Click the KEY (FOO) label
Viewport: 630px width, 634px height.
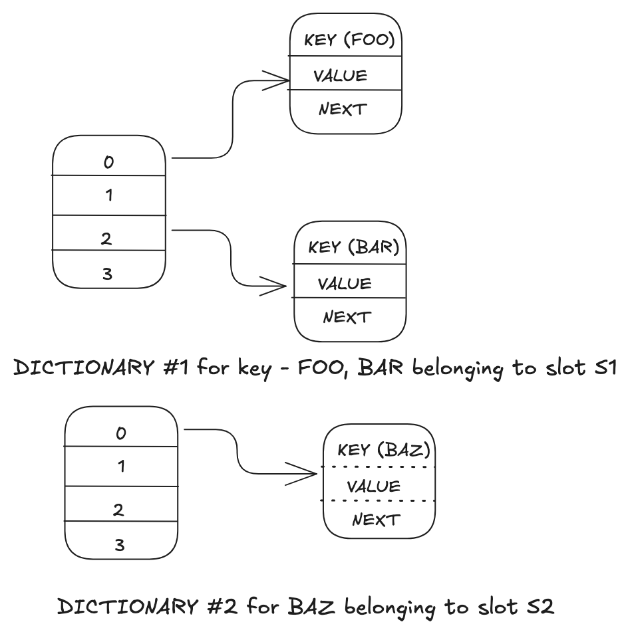[x=349, y=40]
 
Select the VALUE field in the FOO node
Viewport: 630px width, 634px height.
[x=340, y=75]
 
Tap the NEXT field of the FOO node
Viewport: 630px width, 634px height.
[x=343, y=109]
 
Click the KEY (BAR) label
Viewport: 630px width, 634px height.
[x=353, y=248]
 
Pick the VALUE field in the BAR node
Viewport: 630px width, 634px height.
[x=344, y=284]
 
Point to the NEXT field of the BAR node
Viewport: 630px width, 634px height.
[x=346, y=317]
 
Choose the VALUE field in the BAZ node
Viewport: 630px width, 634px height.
[x=374, y=486]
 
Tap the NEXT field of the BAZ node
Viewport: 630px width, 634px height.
[x=376, y=519]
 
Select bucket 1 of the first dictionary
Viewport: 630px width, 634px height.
[x=108, y=196]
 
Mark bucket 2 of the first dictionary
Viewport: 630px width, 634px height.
[x=106, y=239]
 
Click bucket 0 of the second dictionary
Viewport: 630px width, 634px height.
[x=121, y=433]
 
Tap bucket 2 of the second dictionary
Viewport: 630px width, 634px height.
[x=118, y=510]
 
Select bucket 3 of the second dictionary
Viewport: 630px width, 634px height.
[x=120, y=545]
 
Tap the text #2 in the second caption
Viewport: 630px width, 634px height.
[x=226, y=606]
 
